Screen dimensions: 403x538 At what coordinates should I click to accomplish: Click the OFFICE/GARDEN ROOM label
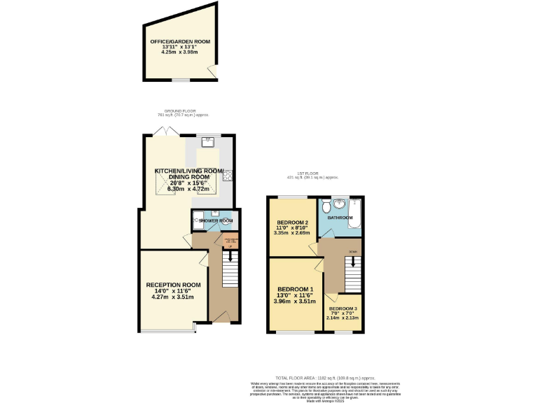point(180,41)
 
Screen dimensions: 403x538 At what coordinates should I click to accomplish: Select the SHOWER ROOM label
point(216,221)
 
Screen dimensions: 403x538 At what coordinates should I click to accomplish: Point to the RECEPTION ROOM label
point(173,285)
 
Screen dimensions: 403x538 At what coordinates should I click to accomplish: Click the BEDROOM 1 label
point(295,289)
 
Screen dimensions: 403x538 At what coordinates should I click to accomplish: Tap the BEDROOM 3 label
point(343,309)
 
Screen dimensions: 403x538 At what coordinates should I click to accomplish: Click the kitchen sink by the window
point(208,142)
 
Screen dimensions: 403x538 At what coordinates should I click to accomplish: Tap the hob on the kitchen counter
point(228,176)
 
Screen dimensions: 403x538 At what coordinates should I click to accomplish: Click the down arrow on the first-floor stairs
point(354,262)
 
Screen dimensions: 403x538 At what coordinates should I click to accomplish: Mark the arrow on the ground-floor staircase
point(229,255)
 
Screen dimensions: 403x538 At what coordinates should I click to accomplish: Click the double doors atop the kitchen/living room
point(160,132)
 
